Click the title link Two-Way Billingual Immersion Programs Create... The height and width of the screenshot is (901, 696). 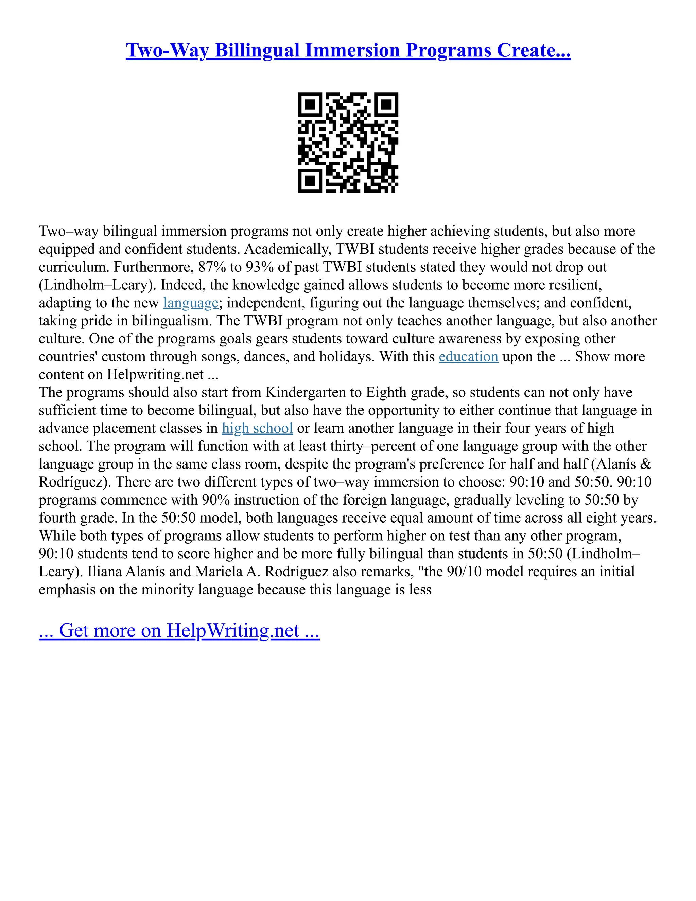coord(348,50)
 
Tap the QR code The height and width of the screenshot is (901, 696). coord(348,142)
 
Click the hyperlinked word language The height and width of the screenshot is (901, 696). coord(191,303)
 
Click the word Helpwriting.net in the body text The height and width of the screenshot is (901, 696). coord(155,375)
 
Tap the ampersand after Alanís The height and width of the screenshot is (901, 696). coord(645,464)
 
